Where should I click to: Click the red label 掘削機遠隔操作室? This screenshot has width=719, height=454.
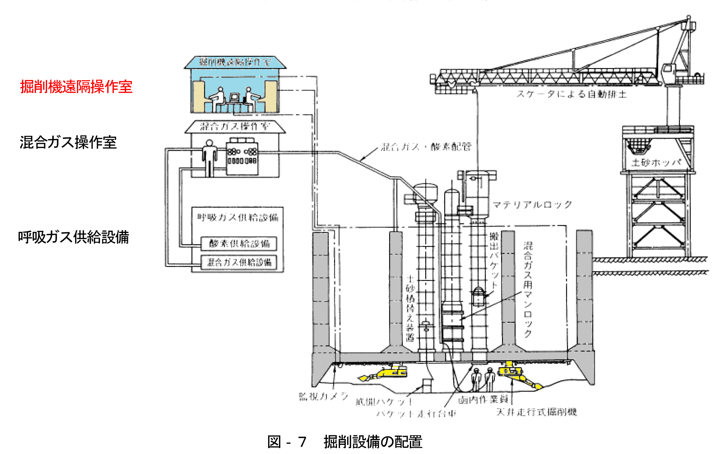[76, 87]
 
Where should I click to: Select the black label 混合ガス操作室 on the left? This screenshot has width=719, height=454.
[68, 142]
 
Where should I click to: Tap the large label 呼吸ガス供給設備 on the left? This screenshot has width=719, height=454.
[74, 237]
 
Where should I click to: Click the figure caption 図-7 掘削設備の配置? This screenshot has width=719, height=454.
[345, 442]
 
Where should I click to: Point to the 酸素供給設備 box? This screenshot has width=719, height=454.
[239, 243]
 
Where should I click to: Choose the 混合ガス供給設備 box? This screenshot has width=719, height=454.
[239, 262]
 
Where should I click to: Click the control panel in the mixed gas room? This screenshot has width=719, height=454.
[242, 156]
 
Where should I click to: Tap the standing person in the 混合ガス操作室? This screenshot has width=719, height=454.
[210, 157]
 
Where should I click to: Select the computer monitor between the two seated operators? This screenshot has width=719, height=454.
[234, 98]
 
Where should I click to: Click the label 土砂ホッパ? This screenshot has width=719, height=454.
[656, 162]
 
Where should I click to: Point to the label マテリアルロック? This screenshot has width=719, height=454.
[532, 204]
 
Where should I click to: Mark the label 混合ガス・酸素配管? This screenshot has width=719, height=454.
[426, 147]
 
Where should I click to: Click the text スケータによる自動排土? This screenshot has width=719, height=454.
[571, 94]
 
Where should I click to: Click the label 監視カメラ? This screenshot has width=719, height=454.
[323, 396]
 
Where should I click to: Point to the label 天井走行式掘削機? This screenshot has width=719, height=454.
[536, 412]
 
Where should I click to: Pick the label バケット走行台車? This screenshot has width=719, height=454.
[416, 414]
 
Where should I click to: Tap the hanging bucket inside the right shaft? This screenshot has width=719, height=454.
[478, 296]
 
